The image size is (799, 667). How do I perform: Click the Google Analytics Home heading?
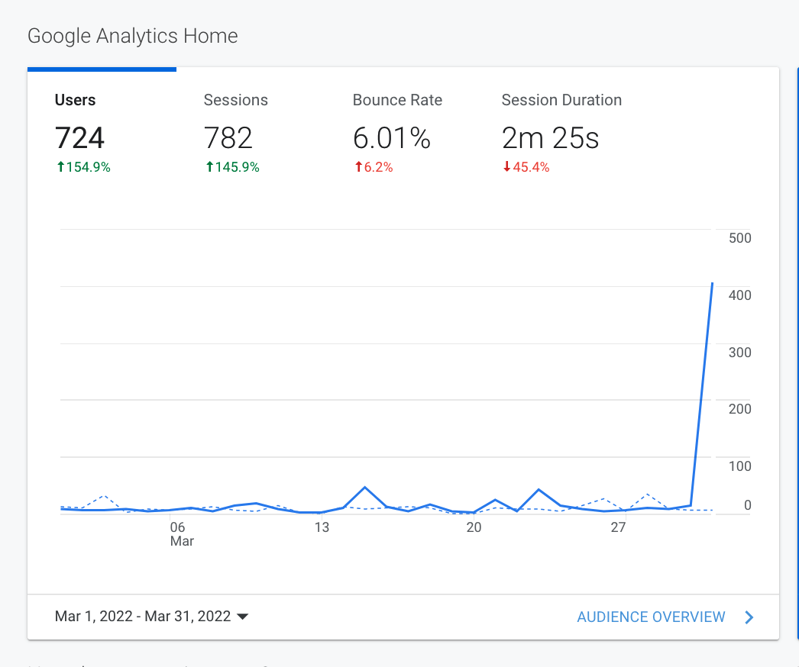click(132, 36)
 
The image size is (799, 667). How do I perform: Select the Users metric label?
click(75, 100)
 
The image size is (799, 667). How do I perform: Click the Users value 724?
click(79, 138)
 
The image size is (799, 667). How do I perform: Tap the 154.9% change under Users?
click(84, 167)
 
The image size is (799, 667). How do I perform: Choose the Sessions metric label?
click(235, 100)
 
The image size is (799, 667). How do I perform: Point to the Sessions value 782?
click(228, 138)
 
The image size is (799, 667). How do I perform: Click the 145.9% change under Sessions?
click(233, 167)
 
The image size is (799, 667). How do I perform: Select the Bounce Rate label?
click(397, 100)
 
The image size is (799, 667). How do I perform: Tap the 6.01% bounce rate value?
click(391, 138)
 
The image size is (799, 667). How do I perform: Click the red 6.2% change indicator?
click(374, 167)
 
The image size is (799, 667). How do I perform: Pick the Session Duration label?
click(561, 100)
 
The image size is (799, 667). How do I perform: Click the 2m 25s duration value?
click(550, 138)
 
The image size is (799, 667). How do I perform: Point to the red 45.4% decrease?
click(526, 167)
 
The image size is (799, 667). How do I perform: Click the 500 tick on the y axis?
click(739, 238)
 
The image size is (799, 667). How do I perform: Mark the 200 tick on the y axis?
click(739, 409)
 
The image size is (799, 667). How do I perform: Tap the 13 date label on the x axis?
click(322, 527)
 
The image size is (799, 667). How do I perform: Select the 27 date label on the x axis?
click(618, 527)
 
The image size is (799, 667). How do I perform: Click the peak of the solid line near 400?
click(712, 283)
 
